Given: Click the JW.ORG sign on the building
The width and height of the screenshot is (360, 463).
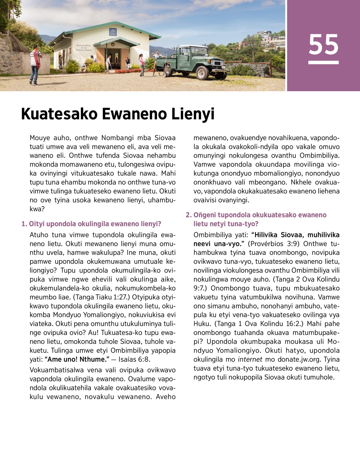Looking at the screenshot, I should pos(113,32).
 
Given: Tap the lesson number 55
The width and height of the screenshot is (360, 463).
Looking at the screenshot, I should pos(323,44).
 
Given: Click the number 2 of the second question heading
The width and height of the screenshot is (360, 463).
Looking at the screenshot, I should pos(188,215).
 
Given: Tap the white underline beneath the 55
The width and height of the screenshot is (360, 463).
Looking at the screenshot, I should pos(323,62).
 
